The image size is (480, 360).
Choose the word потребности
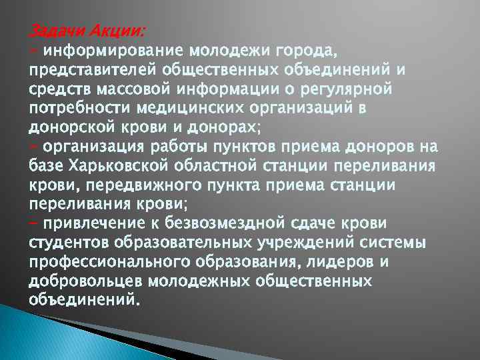79,108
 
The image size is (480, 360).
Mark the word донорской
69,127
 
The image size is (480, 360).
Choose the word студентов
68,241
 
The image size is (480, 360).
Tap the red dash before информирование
34,51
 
